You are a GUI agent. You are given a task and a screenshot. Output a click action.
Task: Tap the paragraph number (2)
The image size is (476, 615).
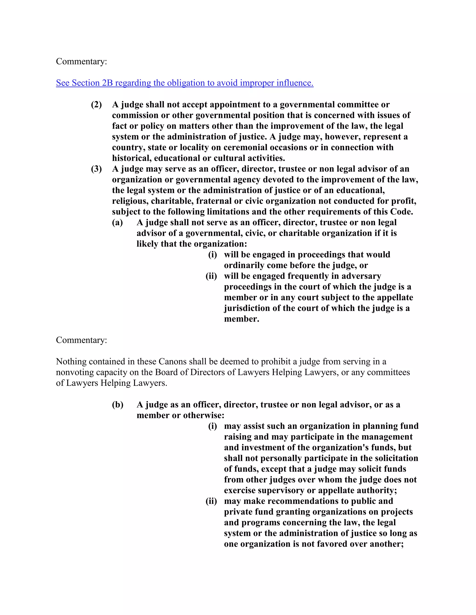(96, 104)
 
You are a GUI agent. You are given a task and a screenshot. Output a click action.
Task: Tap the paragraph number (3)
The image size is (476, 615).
(96, 169)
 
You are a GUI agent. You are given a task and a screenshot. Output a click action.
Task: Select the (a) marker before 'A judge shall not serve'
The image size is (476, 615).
(117, 223)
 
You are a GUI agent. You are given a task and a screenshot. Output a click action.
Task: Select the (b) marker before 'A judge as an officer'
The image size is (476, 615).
(118, 405)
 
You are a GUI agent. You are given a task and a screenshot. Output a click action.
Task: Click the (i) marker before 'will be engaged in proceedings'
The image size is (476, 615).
(213, 255)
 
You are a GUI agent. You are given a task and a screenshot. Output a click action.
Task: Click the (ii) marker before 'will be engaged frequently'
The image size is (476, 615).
(211, 276)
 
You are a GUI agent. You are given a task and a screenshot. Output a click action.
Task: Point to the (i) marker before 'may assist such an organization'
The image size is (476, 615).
(213, 426)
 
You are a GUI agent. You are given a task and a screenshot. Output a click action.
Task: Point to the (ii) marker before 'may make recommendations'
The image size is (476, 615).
(211, 501)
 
